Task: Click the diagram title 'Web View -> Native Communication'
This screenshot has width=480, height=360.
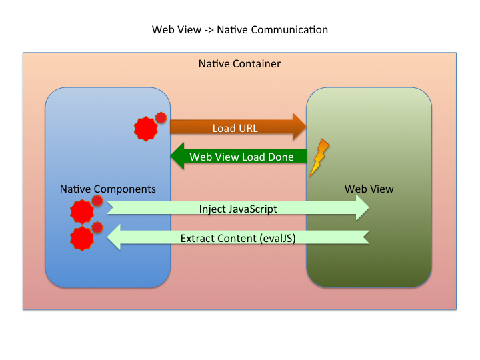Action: pos(240,30)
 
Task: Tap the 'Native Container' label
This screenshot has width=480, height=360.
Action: pos(239,64)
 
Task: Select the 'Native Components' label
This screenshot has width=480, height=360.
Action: pos(108,189)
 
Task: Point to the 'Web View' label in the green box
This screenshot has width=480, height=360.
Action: pos(369,189)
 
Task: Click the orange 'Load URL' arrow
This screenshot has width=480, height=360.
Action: pos(238,127)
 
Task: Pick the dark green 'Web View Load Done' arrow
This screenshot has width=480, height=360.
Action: pos(239,156)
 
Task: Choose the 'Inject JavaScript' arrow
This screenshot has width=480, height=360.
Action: pos(238,208)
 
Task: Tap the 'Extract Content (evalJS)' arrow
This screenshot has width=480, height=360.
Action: pos(238,237)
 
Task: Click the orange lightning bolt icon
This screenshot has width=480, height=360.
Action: pos(319,157)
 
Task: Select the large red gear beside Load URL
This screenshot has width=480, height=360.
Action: pos(146,129)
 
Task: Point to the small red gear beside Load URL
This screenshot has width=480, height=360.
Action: pos(161,117)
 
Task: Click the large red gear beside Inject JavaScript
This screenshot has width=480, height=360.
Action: pos(82,211)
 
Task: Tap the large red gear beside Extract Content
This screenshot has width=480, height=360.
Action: pos(82,239)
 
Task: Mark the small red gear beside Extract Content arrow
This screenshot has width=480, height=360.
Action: pos(97,227)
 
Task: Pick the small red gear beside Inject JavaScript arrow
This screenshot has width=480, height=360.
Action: pos(97,201)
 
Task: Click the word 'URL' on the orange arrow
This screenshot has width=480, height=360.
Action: pos(248,128)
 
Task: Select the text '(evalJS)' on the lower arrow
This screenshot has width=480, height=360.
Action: pos(277,239)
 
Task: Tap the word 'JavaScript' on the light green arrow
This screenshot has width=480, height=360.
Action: pos(253,209)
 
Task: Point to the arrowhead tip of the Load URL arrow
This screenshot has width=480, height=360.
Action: pos(307,127)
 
